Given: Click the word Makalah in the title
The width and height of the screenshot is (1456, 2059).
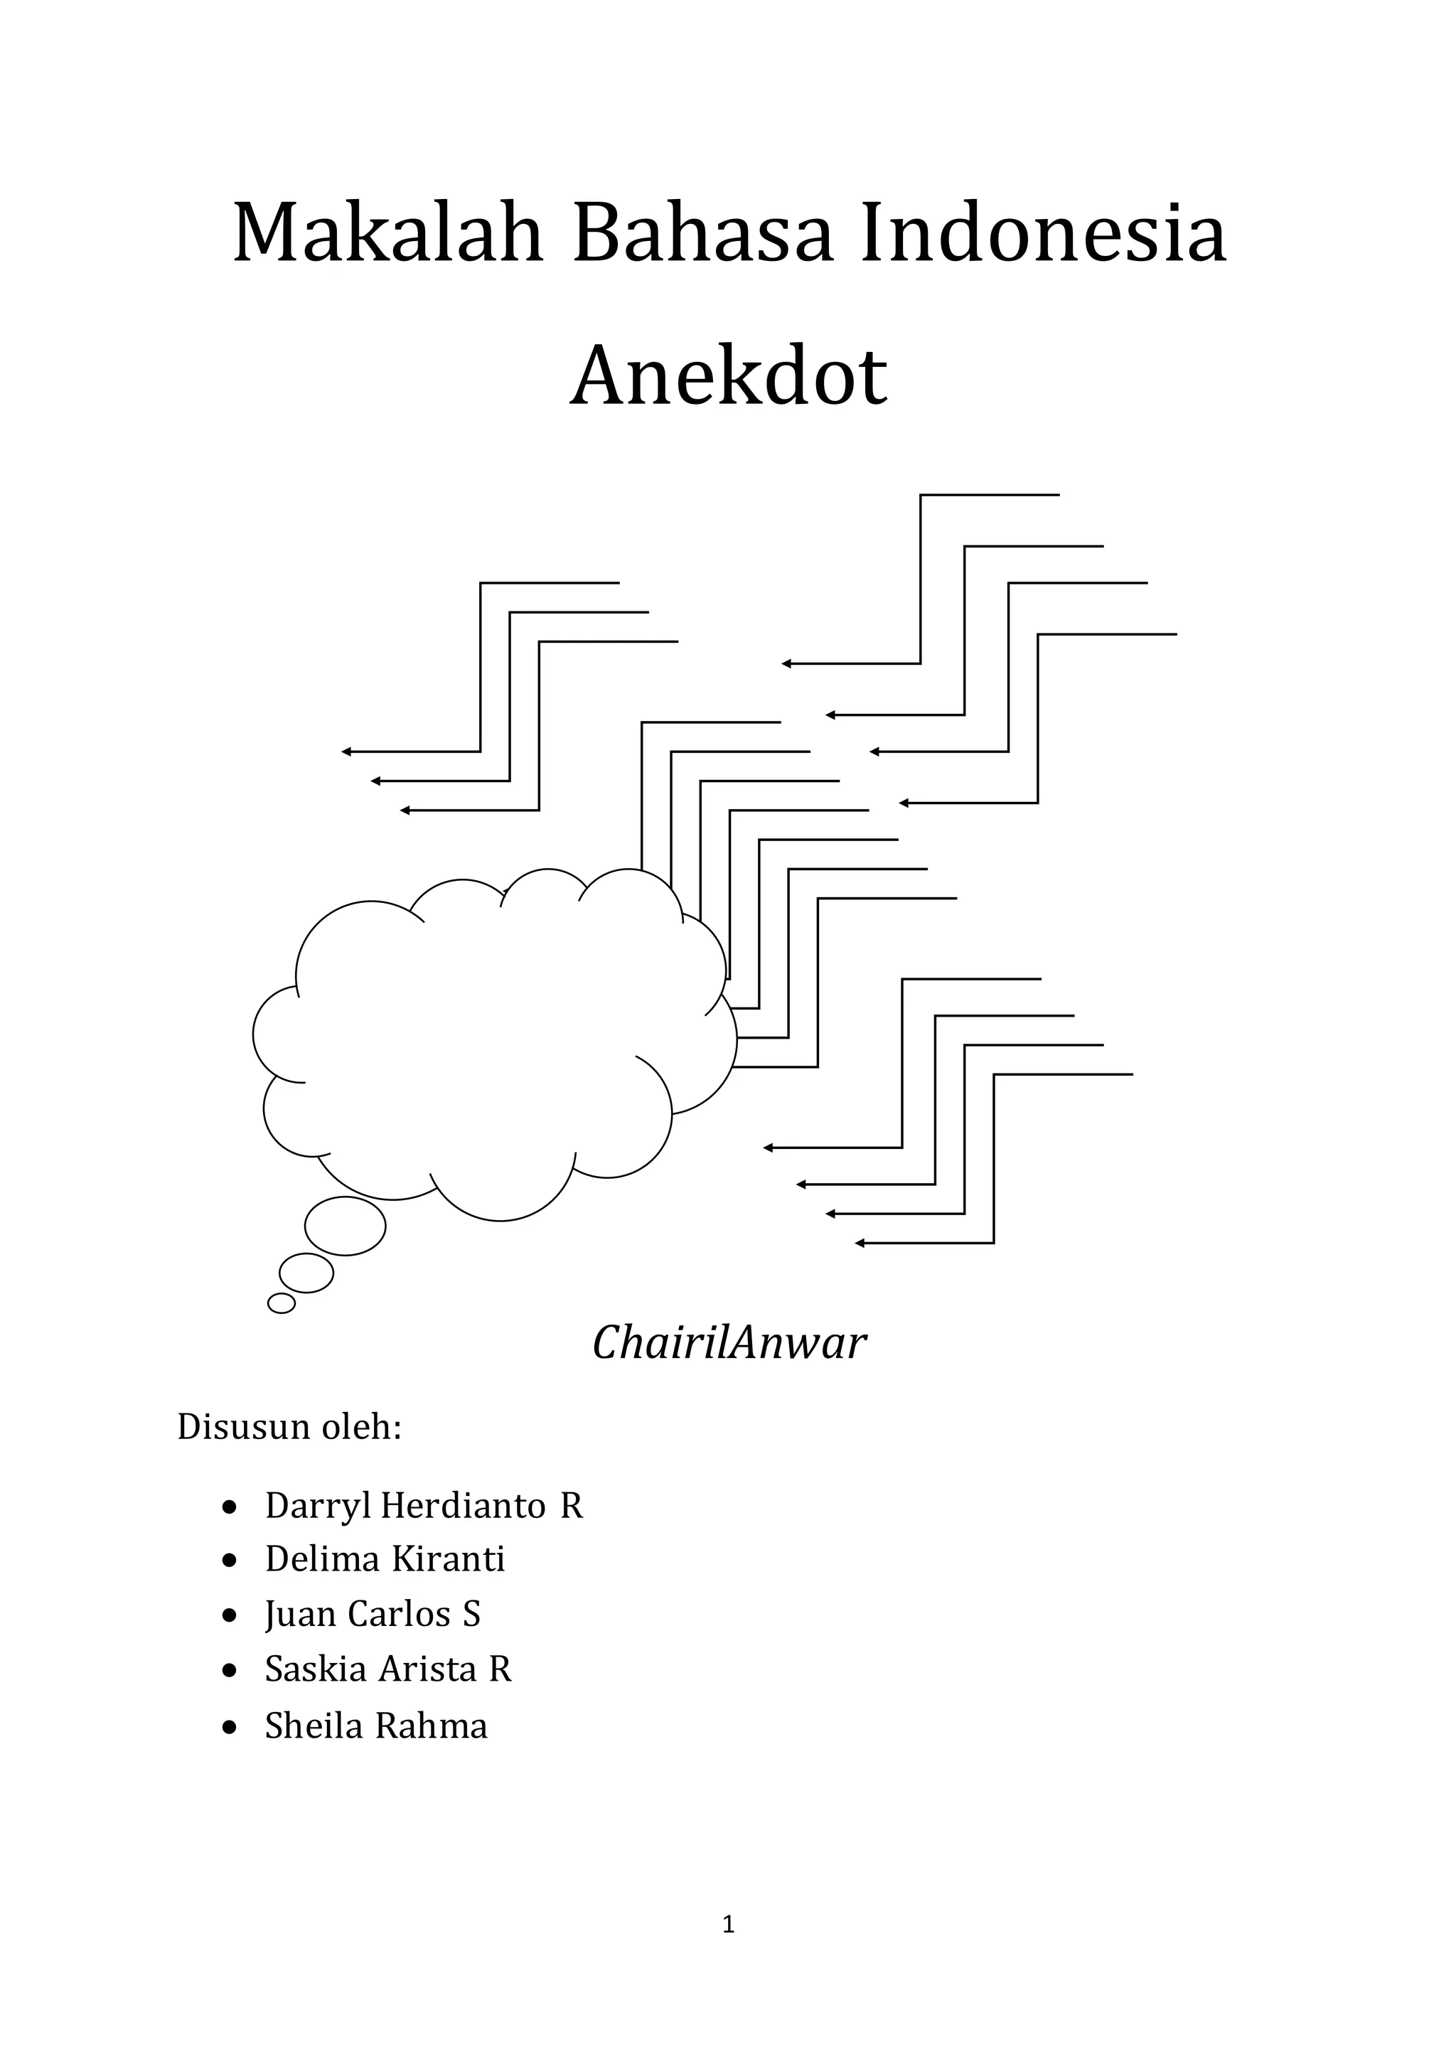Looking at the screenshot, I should [388, 235].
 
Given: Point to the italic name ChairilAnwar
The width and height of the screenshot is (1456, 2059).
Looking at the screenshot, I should [729, 1343].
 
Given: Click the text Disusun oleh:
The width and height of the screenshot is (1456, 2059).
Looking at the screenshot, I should [289, 1427].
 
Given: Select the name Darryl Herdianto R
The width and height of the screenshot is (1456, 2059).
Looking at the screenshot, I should [423, 1506].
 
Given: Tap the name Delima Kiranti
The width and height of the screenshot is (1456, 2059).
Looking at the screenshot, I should [385, 1559].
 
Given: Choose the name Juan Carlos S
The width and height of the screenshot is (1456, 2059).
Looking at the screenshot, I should [372, 1614].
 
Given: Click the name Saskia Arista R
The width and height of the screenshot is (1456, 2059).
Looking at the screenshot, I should [387, 1669].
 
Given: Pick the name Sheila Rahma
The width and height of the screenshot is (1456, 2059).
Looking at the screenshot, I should [375, 1726].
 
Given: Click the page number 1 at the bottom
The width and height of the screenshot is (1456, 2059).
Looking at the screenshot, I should [728, 1925].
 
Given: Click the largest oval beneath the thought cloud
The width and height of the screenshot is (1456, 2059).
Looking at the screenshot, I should [346, 1226].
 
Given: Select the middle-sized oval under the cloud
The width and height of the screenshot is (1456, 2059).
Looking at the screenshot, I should [306, 1273].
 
